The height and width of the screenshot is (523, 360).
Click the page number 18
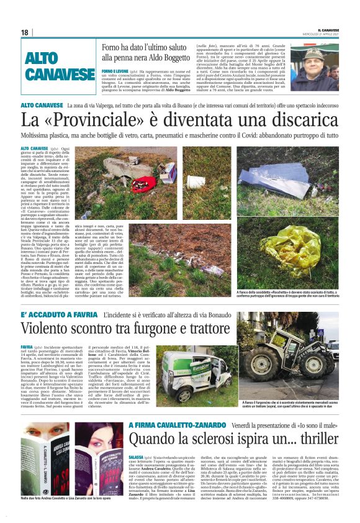tap(24, 32)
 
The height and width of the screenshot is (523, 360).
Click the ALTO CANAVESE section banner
tap(60, 67)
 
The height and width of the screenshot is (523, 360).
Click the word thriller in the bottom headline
tap(311, 439)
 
